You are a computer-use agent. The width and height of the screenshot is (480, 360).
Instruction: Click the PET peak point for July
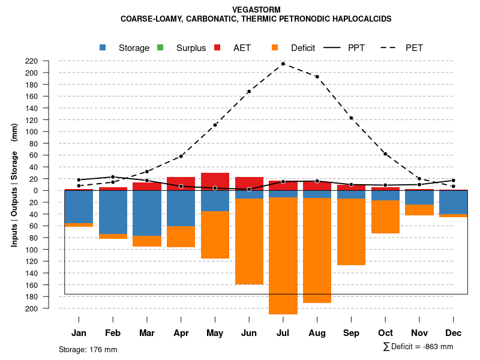coord(283,64)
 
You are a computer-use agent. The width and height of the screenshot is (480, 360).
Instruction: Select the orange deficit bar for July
coord(283,256)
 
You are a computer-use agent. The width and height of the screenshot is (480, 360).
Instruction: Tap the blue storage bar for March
coord(147,213)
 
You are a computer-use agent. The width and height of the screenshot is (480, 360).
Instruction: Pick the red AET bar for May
coord(215,181)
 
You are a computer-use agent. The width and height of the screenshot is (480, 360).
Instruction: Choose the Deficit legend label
coord(303,48)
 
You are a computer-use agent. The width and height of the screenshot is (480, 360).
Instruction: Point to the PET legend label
coord(414,48)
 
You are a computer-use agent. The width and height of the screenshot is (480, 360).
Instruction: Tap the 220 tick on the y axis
coord(48,61)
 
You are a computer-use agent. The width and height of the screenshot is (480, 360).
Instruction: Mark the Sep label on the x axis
coord(351,333)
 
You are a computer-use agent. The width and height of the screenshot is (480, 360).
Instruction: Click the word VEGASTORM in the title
coord(256,10)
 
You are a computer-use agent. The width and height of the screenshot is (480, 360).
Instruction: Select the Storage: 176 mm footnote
coord(88,349)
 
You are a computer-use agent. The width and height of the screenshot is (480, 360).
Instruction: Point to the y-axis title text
coord(14,185)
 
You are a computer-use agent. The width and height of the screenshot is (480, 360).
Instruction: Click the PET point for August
coord(317,77)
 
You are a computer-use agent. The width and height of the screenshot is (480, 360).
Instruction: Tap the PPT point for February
coord(113,177)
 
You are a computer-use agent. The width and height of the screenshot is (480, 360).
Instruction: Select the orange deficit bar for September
coord(351,232)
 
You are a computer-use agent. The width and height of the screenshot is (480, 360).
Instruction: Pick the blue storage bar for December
coord(453,202)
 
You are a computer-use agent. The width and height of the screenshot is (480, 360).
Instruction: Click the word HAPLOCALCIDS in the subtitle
coord(362,19)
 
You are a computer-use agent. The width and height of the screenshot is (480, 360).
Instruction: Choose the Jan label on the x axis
coord(79,333)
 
